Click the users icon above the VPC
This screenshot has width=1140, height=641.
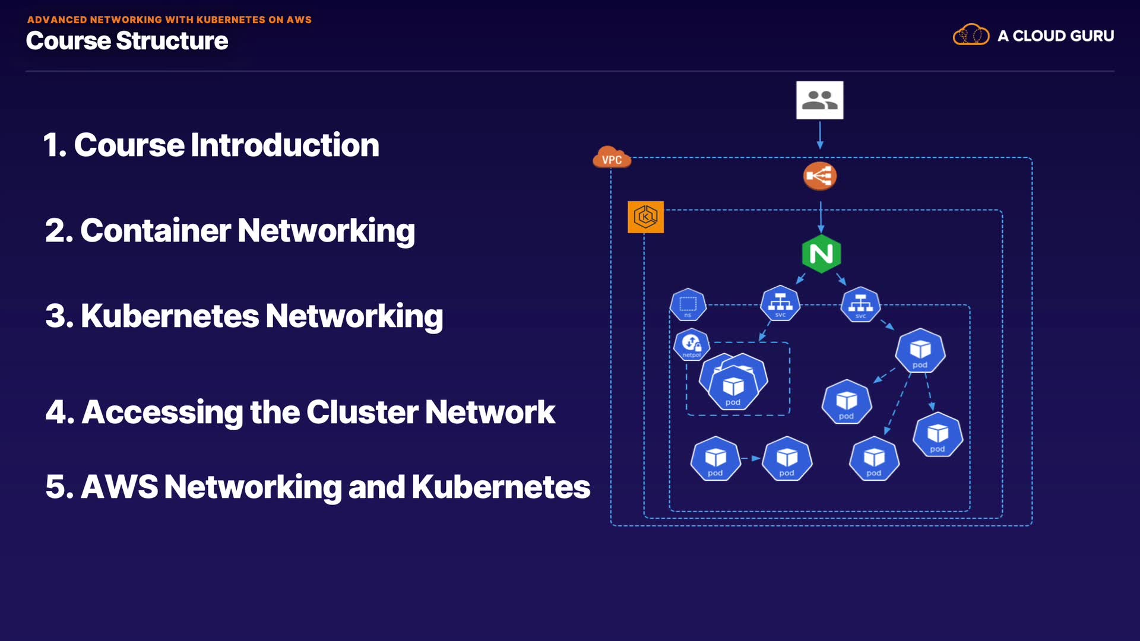coord(819,100)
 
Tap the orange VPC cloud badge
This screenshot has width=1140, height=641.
coord(612,158)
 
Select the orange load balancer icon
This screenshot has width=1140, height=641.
coord(820,176)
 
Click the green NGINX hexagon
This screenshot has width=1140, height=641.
coord(821,254)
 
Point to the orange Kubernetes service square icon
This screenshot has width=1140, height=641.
coord(645,217)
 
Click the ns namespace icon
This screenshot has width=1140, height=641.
coord(688,305)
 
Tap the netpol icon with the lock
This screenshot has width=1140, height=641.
coord(692,344)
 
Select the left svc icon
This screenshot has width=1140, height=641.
coord(780,304)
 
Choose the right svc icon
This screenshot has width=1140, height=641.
coord(860,305)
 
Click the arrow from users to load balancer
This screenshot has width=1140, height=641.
coord(820,135)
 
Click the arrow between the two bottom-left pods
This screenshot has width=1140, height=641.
coord(751,458)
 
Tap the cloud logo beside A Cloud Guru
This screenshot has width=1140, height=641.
coord(971,35)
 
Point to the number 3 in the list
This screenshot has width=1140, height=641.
coord(55,316)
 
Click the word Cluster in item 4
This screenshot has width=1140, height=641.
coord(362,412)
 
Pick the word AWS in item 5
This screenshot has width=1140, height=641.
coord(119,487)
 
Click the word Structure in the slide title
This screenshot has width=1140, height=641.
coord(172,41)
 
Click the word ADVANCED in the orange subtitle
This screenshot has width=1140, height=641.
coord(58,20)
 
